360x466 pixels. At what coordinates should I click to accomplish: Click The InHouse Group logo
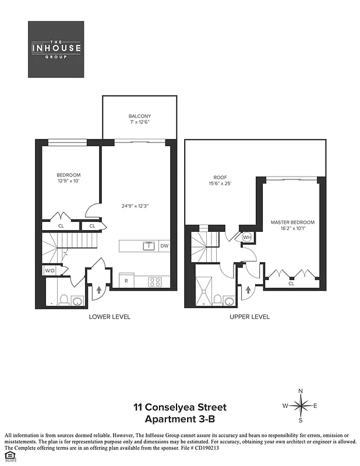[57, 50]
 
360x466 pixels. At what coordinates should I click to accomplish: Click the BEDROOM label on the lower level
[68, 175]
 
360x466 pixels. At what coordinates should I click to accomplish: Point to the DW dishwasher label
[164, 246]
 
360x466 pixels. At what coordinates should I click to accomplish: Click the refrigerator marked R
[126, 281]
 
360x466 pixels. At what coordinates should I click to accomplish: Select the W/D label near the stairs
[49, 271]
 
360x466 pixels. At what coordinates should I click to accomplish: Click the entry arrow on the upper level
[249, 288]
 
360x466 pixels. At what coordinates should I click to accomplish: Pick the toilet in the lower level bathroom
[65, 300]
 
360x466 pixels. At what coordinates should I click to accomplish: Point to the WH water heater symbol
[246, 237]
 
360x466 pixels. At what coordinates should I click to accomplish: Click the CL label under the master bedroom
[291, 284]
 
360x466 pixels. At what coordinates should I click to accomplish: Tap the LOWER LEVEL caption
[109, 317]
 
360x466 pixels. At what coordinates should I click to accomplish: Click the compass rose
[301, 405]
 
